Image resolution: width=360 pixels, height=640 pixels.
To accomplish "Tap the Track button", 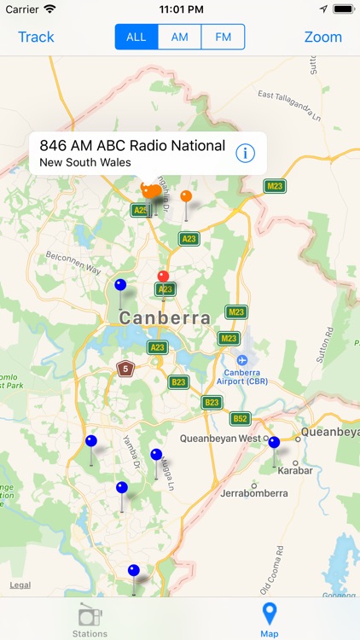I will point(36,37).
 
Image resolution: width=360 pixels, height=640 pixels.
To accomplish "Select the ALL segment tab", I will point(136,37).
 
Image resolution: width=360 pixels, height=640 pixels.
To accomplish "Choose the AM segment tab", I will point(180,37).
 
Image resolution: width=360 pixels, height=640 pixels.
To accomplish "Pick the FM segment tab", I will point(224,37).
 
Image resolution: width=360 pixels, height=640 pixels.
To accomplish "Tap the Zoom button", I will point(322,37).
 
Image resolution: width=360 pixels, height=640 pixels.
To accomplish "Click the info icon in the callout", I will point(245,153).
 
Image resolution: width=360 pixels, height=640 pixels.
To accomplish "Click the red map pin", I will point(163,276).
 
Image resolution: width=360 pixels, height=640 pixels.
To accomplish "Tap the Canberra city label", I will point(165,318).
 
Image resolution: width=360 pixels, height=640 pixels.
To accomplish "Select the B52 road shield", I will point(241,418).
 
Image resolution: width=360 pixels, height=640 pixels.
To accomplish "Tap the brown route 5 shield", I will point(125,369).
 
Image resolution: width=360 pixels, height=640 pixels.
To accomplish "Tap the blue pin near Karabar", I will point(274,443).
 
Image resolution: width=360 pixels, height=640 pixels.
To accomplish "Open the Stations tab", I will point(90,620).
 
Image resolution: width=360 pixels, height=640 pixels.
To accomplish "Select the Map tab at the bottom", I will point(270,620).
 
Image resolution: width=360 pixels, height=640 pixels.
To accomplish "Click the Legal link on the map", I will point(20,585).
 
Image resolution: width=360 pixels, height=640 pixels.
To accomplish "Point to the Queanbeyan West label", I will point(220,438).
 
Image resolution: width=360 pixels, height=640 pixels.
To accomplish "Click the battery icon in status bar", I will point(343,9).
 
